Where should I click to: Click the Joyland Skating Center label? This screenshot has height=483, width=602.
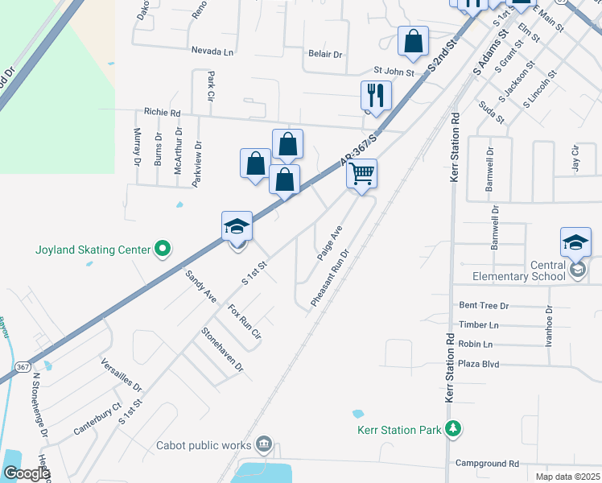(x=93, y=250)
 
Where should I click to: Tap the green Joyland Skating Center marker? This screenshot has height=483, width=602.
(x=163, y=250)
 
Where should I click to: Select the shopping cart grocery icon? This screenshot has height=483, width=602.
(x=362, y=174)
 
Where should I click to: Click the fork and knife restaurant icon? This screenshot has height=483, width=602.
(x=375, y=95)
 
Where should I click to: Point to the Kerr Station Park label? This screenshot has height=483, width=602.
(x=401, y=430)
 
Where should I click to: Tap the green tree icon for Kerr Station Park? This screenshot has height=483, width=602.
(x=454, y=428)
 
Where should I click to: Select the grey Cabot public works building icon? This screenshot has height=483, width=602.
(x=264, y=444)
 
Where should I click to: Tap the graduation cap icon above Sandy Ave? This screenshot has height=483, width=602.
(x=237, y=226)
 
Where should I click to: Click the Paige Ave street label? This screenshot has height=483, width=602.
(x=329, y=242)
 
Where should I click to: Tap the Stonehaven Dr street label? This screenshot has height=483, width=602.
(x=222, y=348)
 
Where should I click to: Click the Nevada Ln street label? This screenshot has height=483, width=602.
(x=212, y=51)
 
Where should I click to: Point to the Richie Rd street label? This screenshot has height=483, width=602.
(x=162, y=114)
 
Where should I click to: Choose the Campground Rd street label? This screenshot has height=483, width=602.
(x=487, y=464)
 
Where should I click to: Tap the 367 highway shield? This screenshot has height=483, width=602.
(x=23, y=367)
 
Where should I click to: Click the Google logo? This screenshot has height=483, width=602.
(x=26, y=473)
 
